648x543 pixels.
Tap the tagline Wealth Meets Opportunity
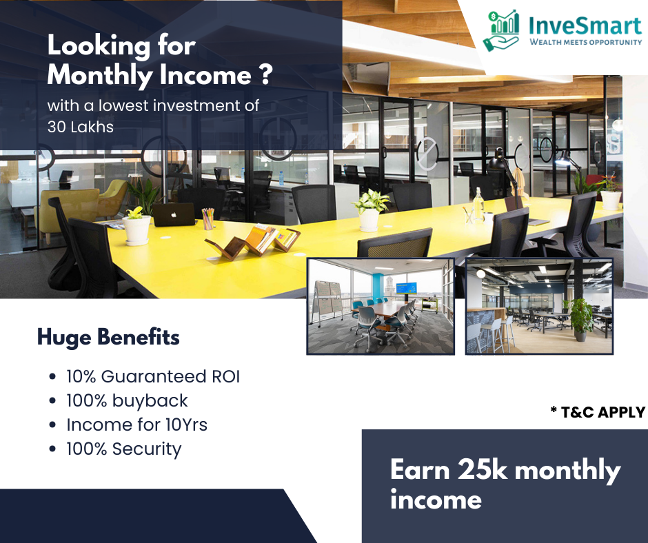click(585, 42)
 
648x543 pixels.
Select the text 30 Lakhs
click(81, 127)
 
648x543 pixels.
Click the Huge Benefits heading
click(108, 337)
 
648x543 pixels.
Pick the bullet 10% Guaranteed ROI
click(153, 376)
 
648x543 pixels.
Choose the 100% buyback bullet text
click(127, 401)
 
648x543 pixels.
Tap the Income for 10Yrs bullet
click(136, 424)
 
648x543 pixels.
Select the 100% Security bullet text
click(124, 449)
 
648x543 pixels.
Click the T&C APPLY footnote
click(598, 412)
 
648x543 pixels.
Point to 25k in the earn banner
click(483, 470)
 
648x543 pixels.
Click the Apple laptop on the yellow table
click(174, 214)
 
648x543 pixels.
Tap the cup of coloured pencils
click(208, 218)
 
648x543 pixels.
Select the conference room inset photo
click(381, 306)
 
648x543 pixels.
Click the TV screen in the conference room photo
click(406, 287)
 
